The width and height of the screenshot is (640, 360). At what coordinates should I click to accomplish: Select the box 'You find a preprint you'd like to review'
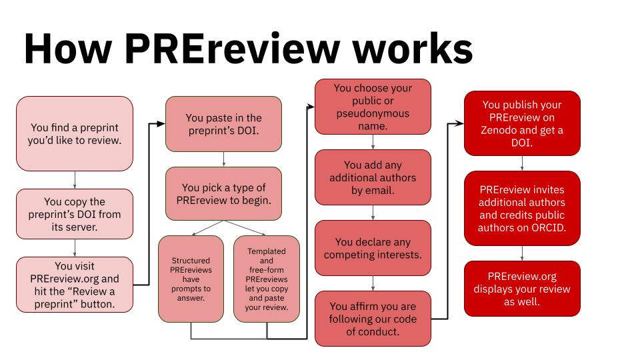tap(75, 133)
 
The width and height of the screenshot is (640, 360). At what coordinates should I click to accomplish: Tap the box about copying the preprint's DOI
tap(75, 214)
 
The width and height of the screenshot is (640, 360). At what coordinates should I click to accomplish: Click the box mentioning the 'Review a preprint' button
tap(75, 285)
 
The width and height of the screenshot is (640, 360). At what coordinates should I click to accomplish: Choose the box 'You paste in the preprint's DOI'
tap(223, 124)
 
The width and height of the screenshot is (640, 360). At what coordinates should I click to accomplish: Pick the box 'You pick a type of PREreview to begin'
tap(223, 193)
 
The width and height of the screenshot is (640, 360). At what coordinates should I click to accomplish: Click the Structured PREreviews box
tap(191, 279)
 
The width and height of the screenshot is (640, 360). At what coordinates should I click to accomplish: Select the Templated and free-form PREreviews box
tap(267, 279)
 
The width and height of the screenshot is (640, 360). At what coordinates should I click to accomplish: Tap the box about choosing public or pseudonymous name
tap(373, 107)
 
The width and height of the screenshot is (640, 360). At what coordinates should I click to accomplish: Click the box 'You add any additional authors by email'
tap(373, 177)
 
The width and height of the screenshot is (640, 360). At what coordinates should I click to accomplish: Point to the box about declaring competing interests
tap(373, 248)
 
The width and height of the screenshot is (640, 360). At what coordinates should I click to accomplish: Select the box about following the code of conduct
tap(373, 319)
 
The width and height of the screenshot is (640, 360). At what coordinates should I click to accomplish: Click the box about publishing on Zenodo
tap(522, 124)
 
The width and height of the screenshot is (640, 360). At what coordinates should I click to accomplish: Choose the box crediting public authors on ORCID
tap(522, 208)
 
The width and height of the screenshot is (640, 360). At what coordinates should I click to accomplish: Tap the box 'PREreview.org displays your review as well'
tap(522, 288)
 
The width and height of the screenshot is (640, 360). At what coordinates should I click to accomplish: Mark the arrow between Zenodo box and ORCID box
tap(522, 164)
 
